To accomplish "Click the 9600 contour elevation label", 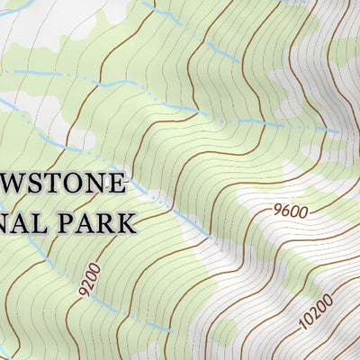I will [290, 212].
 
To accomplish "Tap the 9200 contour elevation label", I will [87, 280].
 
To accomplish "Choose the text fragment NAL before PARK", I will [22, 221].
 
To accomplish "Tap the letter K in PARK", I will [126, 221].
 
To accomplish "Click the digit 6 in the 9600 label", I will [285, 213].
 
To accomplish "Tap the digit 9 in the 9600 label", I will [276, 215].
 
